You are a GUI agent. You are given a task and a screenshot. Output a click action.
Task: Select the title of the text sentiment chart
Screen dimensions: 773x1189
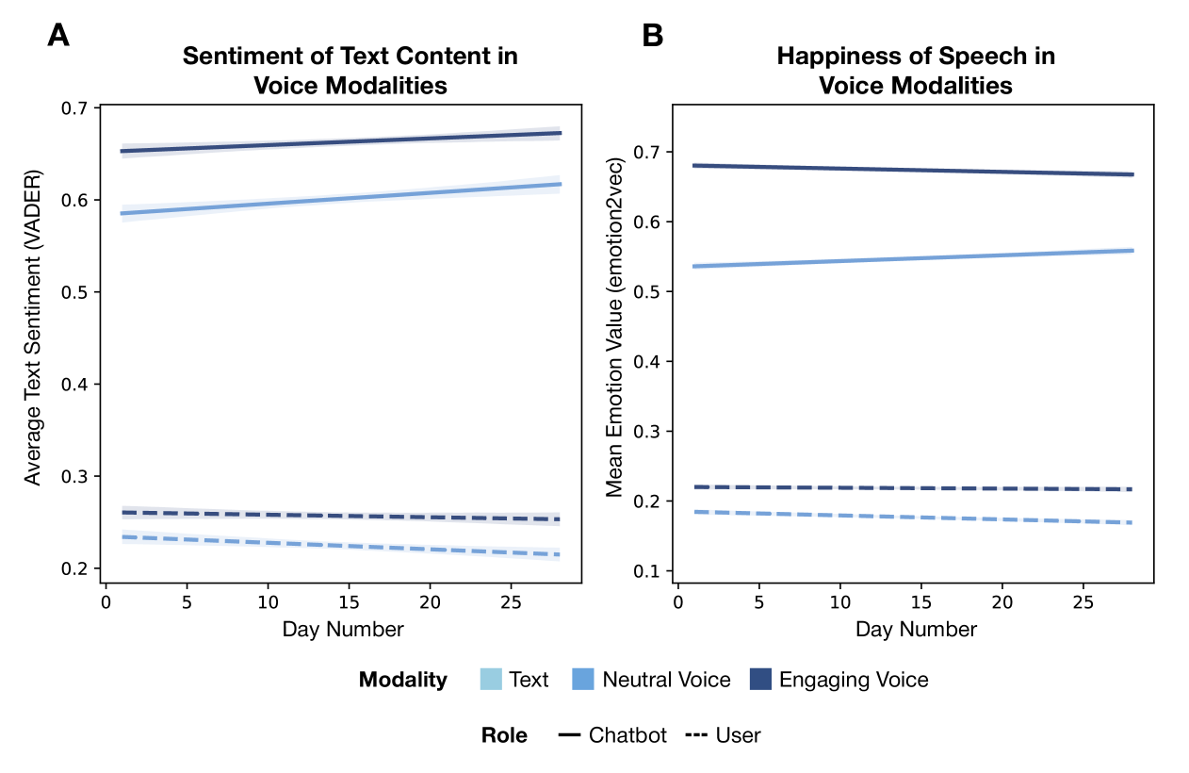[x=350, y=71]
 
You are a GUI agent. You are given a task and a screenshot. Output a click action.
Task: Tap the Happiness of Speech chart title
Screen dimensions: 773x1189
[x=916, y=71]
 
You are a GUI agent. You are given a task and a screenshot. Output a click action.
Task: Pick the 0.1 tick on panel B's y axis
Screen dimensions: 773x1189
[x=649, y=571]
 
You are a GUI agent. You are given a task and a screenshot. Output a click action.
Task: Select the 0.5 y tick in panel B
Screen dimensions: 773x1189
[x=649, y=292]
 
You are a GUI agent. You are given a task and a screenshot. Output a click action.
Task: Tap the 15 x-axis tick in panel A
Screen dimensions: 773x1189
[x=349, y=601]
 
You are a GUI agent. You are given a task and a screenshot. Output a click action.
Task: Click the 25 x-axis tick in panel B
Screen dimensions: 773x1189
[x=1084, y=601]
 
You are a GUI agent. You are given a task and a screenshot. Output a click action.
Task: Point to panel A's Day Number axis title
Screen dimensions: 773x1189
[x=343, y=629]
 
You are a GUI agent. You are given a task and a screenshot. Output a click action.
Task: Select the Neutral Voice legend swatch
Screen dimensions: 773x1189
[x=583, y=680]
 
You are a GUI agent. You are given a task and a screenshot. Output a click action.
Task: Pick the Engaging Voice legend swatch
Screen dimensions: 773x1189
[x=760, y=680]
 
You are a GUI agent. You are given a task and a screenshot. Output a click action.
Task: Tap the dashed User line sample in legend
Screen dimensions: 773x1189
[x=697, y=735]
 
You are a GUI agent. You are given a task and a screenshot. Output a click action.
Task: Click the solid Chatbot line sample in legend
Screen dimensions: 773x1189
[x=569, y=735]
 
